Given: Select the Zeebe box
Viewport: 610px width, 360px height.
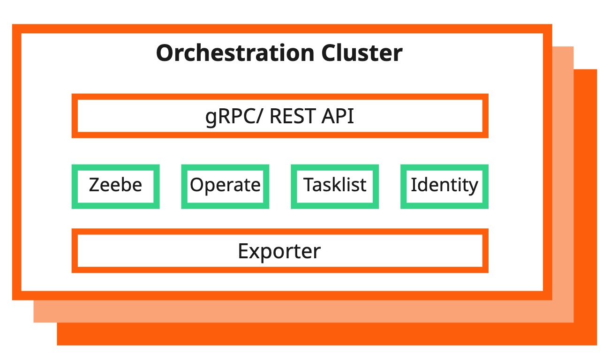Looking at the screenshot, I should tap(115, 186).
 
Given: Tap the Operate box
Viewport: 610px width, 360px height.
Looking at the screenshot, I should tap(225, 186).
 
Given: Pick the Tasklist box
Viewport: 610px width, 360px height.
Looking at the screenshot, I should tap(335, 186).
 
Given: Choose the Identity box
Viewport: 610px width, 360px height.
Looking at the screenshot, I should tap(444, 186).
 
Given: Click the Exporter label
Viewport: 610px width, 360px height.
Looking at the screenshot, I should tap(279, 251).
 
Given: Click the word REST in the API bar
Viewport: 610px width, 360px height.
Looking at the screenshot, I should tap(292, 116).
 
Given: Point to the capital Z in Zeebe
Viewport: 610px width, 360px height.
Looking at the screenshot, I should tap(94, 185).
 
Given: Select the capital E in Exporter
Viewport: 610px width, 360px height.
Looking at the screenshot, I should tap(243, 251).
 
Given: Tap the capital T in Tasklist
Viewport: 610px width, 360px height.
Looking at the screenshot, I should tap(309, 185).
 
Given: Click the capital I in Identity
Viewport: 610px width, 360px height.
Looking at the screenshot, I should tap(414, 185).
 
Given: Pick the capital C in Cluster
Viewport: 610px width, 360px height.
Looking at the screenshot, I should tap(330, 53).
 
